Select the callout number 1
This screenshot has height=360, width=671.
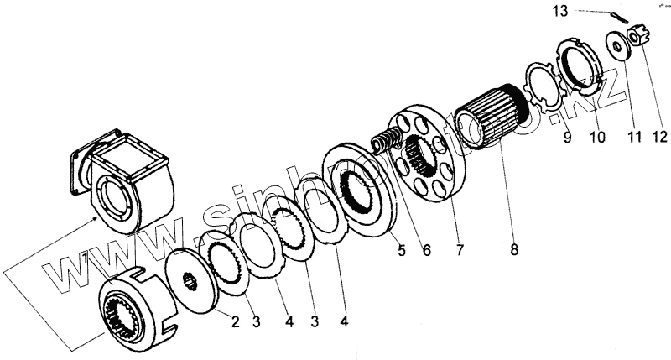pos(86,259)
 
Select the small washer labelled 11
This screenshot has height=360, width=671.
pos(619,42)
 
